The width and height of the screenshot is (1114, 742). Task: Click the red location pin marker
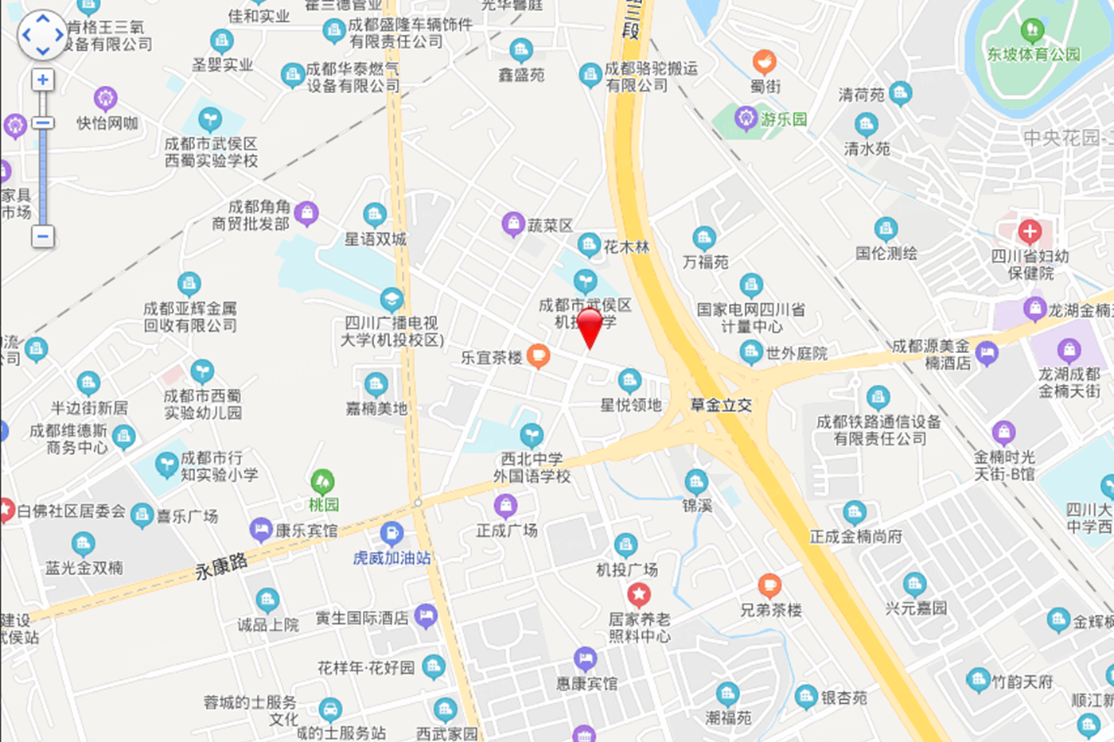tap(590, 326)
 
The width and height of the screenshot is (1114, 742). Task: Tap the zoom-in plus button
tap(43, 80)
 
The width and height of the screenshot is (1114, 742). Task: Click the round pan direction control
tap(43, 35)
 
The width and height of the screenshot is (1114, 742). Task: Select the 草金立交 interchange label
tap(721, 405)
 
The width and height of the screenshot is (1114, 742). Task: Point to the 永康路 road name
tap(220, 566)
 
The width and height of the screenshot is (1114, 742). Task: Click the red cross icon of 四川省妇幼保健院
tap(1030, 232)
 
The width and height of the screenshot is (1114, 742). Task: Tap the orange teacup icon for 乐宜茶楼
tap(539, 355)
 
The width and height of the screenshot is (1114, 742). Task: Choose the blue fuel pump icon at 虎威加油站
tap(391, 533)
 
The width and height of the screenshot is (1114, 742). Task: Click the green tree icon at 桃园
tap(322, 481)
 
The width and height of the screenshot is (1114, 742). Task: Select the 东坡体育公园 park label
tap(1034, 54)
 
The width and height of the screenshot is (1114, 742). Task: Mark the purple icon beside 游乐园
tap(746, 118)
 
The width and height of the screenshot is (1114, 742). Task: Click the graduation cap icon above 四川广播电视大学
tap(391, 299)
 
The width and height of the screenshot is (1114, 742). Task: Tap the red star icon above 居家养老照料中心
tap(639, 594)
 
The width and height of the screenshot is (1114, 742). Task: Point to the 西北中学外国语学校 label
tap(532, 468)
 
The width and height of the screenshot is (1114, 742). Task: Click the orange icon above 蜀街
tap(765, 61)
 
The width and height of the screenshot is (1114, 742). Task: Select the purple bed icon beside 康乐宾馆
tap(261, 529)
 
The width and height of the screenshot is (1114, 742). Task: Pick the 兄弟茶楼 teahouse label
tap(771, 610)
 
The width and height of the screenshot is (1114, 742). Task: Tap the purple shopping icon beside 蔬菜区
tap(513, 224)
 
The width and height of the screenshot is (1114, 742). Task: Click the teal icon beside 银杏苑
tap(806, 697)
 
